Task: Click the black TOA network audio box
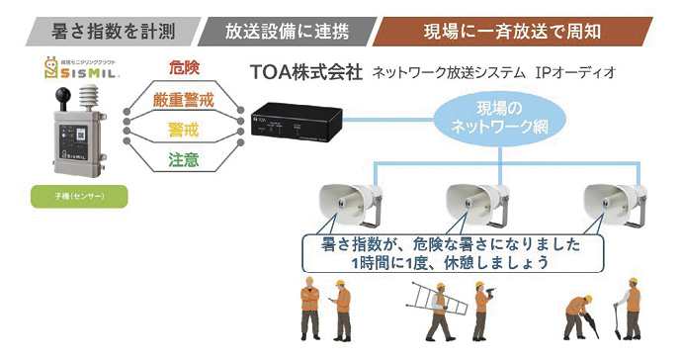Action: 296,126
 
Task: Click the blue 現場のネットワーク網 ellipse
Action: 486,119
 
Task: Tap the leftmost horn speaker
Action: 345,203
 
